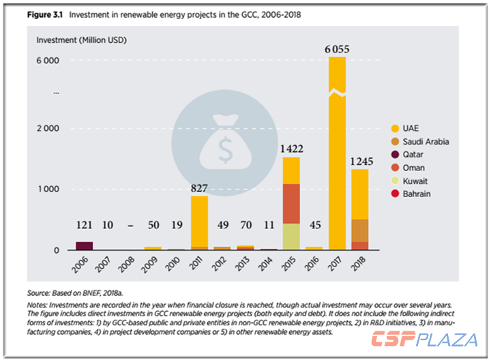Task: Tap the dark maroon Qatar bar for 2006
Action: (x=84, y=246)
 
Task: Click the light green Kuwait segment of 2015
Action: (x=291, y=237)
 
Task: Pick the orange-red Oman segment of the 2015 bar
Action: (x=291, y=203)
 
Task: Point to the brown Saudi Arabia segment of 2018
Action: (x=359, y=230)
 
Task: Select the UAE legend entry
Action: (x=411, y=129)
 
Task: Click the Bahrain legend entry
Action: (x=416, y=194)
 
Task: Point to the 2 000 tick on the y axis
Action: (x=47, y=128)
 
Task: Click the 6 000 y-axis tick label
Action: (x=47, y=60)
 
